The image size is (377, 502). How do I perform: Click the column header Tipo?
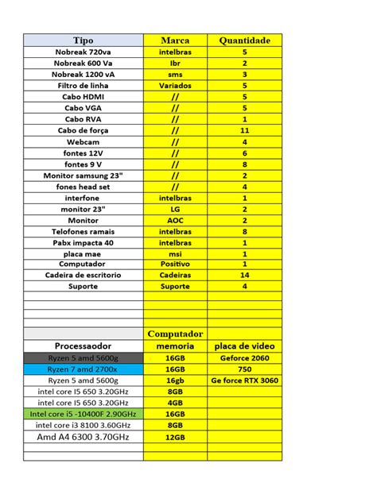(x=83, y=41)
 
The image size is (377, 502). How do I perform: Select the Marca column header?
(x=175, y=41)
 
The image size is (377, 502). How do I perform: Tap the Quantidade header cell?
(x=244, y=41)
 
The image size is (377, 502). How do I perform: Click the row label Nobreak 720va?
(x=83, y=52)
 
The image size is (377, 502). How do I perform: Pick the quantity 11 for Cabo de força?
(x=244, y=130)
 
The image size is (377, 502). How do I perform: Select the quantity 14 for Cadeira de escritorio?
(x=244, y=275)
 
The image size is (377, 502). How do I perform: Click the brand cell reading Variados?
(x=175, y=85)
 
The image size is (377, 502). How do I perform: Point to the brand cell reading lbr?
(x=175, y=63)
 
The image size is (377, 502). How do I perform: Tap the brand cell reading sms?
(x=175, y=74)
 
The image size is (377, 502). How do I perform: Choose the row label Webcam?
(x=83, y=141)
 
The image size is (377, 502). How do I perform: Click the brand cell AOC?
(x=175, y=220)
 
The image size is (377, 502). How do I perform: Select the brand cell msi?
(x=175, y=253)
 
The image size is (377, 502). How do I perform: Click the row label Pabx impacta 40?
(x=83, y=242)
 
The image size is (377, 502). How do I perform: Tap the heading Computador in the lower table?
(x=175, y=334)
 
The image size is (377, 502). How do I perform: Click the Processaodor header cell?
(x=83, y=346)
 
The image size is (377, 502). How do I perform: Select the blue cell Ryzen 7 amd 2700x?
(x=83, y=369)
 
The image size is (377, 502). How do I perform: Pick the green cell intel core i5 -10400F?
(x=83, y=414)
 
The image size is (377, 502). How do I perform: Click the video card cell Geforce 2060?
(x=244, y=358)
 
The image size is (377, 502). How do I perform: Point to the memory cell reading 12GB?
(x=175, y=437)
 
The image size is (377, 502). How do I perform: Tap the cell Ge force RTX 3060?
(x=244, y=380)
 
